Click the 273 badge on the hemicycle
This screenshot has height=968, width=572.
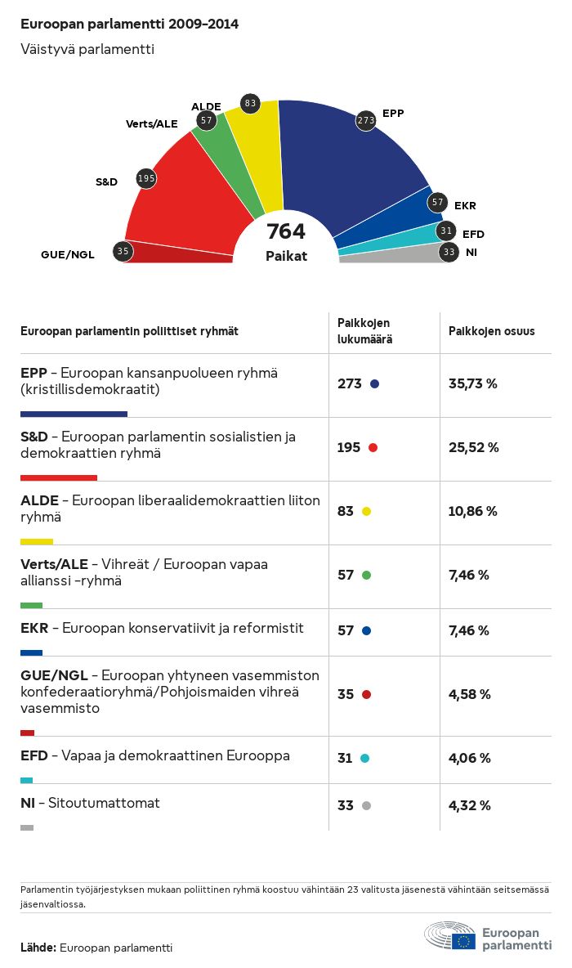(x=365, y=121)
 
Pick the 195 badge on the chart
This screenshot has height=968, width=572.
(x=146, y=178)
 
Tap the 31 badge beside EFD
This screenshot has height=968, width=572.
(x=446, y=231)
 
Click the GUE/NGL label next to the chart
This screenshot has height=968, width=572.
(x=68, y=254)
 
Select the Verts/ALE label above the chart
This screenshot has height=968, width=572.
(x=151, y=123)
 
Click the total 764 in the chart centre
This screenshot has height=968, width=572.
(x=286, y=231)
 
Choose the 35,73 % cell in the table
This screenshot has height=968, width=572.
(x=473, y=383)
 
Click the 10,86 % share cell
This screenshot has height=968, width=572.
(x=473, y=511)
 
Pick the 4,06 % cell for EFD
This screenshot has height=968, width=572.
(x=470, y=758)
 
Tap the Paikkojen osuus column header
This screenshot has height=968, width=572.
(x=492, y=331)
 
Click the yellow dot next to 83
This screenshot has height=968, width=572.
(x=366, y=512)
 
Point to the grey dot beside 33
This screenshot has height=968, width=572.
(x=366, y=806)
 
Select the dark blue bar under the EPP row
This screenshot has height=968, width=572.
(x=74, y=414)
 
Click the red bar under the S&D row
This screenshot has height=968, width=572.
(x=59, y=477)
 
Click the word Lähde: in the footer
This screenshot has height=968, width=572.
(x=38, y=948)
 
